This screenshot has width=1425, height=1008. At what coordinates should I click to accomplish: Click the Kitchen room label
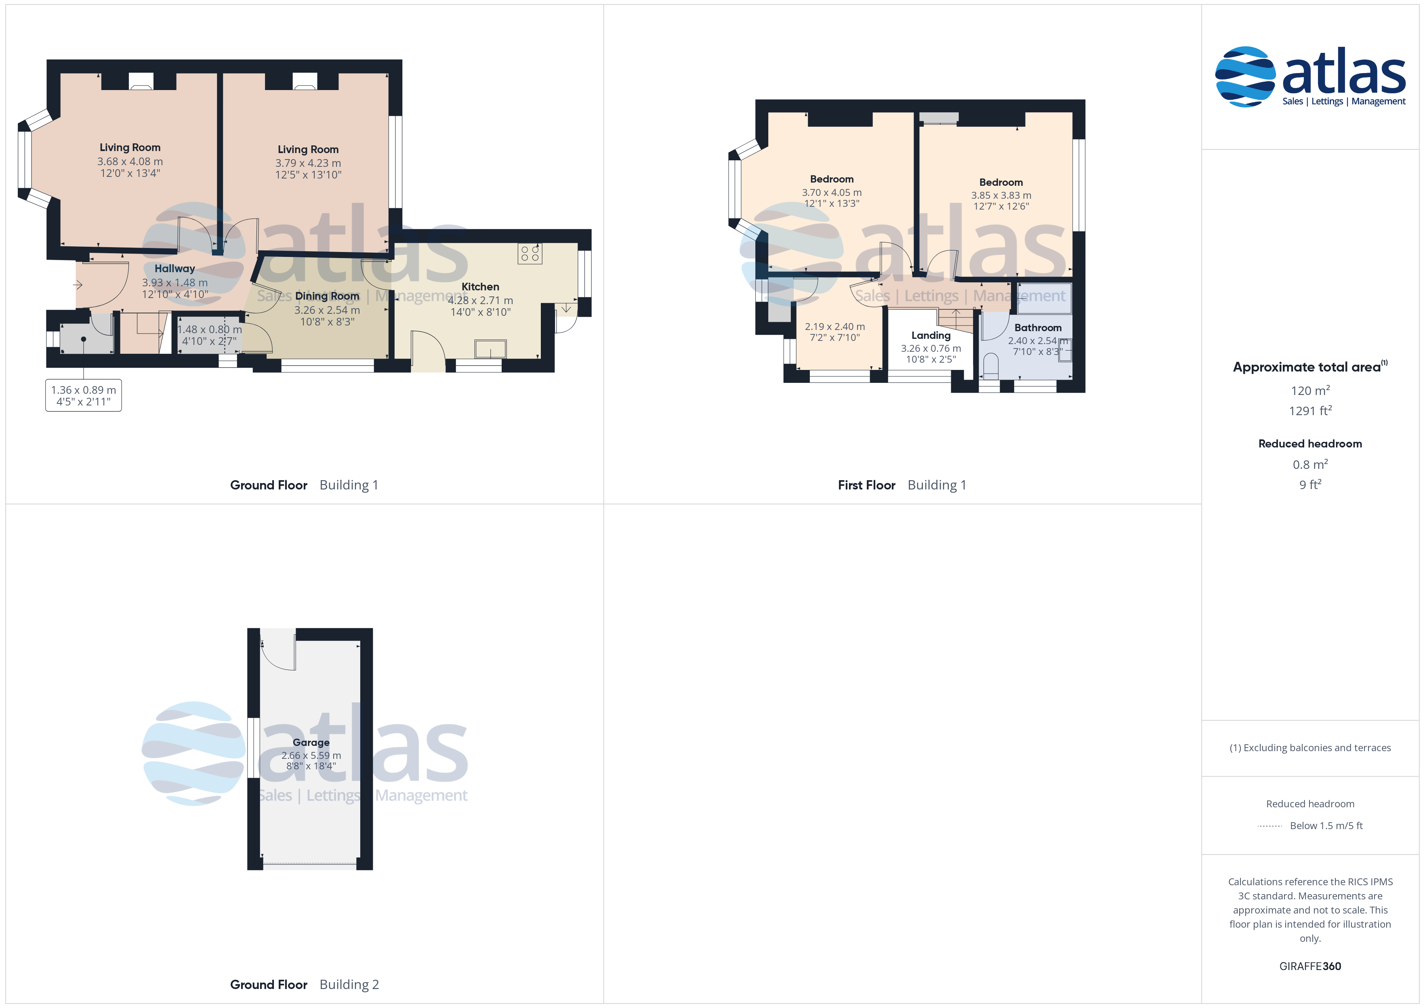[480, 287]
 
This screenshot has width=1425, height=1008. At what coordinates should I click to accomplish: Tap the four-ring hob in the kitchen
[530, 253]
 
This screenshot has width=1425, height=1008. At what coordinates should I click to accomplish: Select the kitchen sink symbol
[490, 349]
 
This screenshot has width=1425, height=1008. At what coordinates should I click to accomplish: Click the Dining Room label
[327, 296]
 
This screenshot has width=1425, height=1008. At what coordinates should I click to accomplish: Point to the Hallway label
[174, 269]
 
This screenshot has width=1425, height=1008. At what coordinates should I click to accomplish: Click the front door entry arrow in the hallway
[78, 285]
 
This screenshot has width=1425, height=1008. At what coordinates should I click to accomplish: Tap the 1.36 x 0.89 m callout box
[84, 395]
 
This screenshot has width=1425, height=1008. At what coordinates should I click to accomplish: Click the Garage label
[311, 742]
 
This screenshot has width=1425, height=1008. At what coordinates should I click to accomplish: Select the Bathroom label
[1038, 328]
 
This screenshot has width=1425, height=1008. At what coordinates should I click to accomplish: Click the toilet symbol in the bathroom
[990, 366]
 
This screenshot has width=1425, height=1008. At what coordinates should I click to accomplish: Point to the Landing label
[931, 335]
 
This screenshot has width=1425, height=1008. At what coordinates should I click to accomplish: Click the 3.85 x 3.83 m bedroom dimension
[1001, 195]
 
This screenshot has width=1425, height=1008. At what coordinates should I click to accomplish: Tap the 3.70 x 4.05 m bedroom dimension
[832, 192]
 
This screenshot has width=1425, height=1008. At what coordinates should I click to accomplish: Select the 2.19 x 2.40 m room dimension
[835, 326]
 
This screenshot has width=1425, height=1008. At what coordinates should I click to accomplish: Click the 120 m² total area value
[1310, 391]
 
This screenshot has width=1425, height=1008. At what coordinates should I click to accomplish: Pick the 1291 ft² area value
[1310, 410]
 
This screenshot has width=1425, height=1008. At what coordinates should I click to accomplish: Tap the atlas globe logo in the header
[1245, 76]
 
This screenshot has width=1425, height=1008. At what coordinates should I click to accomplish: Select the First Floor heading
[866, 485]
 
